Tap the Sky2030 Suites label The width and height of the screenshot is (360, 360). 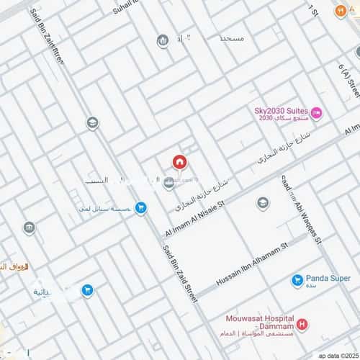tap(282, 111)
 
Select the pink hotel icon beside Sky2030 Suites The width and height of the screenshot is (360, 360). tap(316, 113)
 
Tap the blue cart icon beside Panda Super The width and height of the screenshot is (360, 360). tap(297, 280)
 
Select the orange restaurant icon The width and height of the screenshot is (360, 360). tap(340, 12)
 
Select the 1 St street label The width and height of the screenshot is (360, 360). tap(312, 9)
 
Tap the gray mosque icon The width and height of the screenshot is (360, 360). tap(163, 41)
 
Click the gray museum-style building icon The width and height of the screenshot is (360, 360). tap(30, 229)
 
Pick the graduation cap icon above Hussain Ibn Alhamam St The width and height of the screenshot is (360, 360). tap(263, 203)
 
